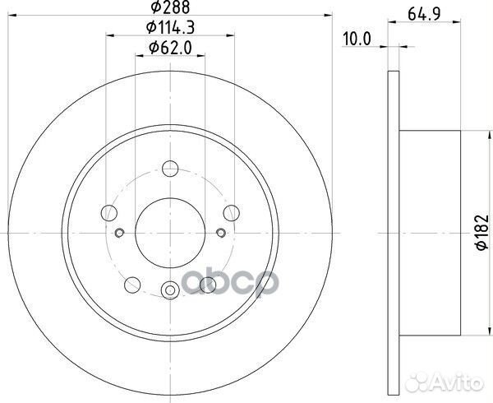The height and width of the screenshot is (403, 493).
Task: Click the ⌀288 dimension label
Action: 170,7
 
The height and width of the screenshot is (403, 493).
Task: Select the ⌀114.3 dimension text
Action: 170,28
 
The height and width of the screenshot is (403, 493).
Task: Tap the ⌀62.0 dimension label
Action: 170,49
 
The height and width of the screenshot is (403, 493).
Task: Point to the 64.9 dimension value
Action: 425,14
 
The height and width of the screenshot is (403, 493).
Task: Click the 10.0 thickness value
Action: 357,39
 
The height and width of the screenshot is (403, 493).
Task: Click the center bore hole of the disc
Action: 170,233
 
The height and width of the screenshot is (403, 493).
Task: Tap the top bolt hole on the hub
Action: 170,169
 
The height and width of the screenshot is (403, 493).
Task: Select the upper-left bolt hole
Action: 109,213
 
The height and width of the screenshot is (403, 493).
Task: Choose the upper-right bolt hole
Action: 232,213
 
